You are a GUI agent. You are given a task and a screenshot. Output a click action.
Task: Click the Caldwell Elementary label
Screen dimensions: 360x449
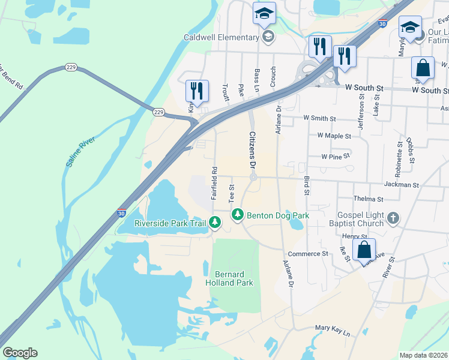[221, 38]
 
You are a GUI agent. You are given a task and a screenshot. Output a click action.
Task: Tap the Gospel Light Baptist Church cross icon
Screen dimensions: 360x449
[393, 218]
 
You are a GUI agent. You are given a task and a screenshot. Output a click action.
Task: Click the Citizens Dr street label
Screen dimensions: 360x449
[253, 151]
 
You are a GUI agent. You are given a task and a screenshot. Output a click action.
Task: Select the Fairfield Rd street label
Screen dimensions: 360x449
[214, 184]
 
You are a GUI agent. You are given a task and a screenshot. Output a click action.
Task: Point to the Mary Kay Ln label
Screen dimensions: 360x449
[333, 329]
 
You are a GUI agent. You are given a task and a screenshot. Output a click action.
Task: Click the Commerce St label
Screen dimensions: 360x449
[308, 254]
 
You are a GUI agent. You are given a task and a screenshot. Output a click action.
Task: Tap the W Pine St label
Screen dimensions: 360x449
[335, 156]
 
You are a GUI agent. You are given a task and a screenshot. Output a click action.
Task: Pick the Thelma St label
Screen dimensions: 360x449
[368, 199]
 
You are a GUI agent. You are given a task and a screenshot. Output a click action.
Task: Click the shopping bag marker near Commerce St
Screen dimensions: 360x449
[364, 249]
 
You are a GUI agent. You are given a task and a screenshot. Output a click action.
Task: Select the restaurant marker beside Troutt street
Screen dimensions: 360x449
[197, 92]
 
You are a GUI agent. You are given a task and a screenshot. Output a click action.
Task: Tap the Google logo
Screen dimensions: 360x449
[20, 353]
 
